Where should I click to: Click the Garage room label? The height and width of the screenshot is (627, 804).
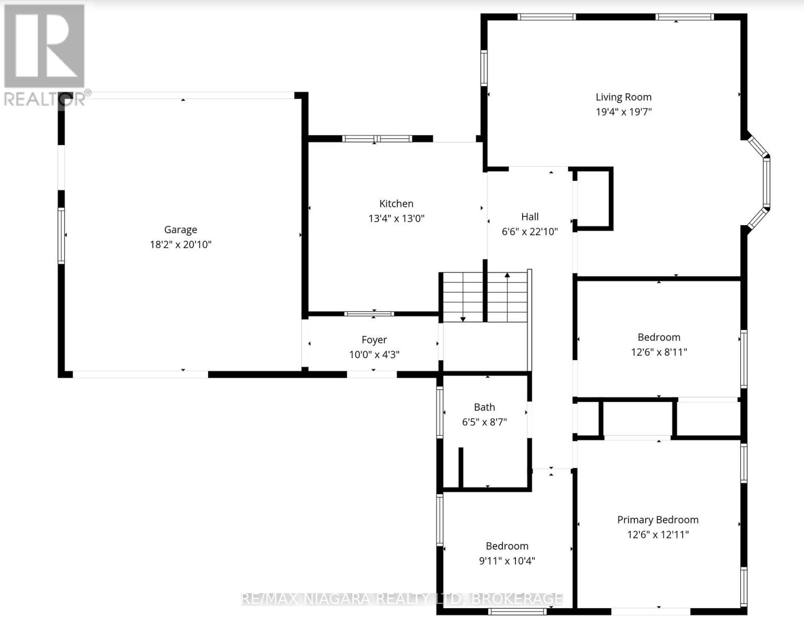click(180, 230)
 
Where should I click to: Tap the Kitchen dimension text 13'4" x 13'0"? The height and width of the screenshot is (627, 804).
click(396, 218)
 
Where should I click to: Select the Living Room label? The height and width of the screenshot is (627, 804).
click(624, 97)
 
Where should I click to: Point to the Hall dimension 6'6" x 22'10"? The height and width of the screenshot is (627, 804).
click(530, 232)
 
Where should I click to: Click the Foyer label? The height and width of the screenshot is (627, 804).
click(374, 340)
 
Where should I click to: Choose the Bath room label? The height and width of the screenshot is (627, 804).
click(484, 407)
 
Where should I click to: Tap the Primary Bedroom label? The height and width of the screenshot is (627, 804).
click(658, 520)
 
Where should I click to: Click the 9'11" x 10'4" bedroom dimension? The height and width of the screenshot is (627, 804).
click(507, 561)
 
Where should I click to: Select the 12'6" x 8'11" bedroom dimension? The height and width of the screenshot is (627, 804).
click(659, 352)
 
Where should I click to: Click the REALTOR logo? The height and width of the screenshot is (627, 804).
click(45, 55)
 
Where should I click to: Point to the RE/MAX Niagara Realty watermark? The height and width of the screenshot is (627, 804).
click(402, 599)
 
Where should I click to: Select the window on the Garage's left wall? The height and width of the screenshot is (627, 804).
click(61, 236)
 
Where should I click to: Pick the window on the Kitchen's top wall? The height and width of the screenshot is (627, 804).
click(377, 139)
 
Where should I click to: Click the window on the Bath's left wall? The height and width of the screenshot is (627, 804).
click(440, 412)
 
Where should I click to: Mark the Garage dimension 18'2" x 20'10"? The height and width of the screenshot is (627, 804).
click(180, 245)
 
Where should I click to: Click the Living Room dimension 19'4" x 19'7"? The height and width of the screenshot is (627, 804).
click(624, 112)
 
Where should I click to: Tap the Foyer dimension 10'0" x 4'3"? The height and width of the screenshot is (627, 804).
click(374, 355)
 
